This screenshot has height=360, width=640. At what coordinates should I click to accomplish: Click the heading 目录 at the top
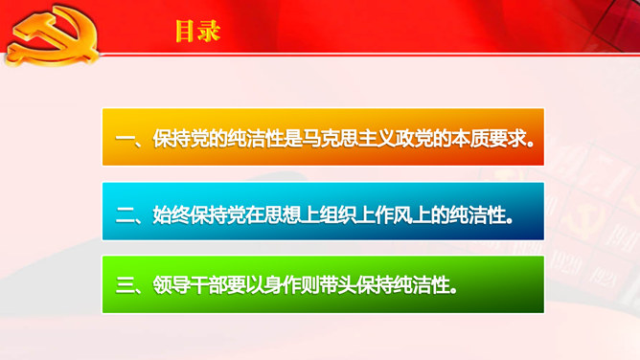point(197,32)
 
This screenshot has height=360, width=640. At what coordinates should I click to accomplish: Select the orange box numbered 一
point(323,137)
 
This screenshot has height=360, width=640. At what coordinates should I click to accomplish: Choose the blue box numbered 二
point(323,211)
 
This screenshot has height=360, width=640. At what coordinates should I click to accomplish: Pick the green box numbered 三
point(323,284)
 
